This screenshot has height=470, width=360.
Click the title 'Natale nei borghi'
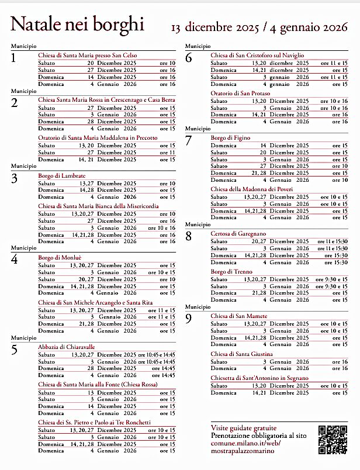[x=77, y=24]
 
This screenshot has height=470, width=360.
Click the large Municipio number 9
[x=188, y=319]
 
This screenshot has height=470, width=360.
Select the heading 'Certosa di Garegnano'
[x=238, y=234]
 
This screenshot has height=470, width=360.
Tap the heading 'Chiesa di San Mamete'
[x=239, y=316]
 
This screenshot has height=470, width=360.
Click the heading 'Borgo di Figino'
[x=230, y=138]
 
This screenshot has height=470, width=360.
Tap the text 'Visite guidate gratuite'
[x=244, y=429]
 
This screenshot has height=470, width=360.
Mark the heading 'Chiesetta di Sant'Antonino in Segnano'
[x=259, y=378]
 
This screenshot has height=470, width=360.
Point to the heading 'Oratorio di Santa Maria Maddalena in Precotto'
[x=97, y=138]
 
